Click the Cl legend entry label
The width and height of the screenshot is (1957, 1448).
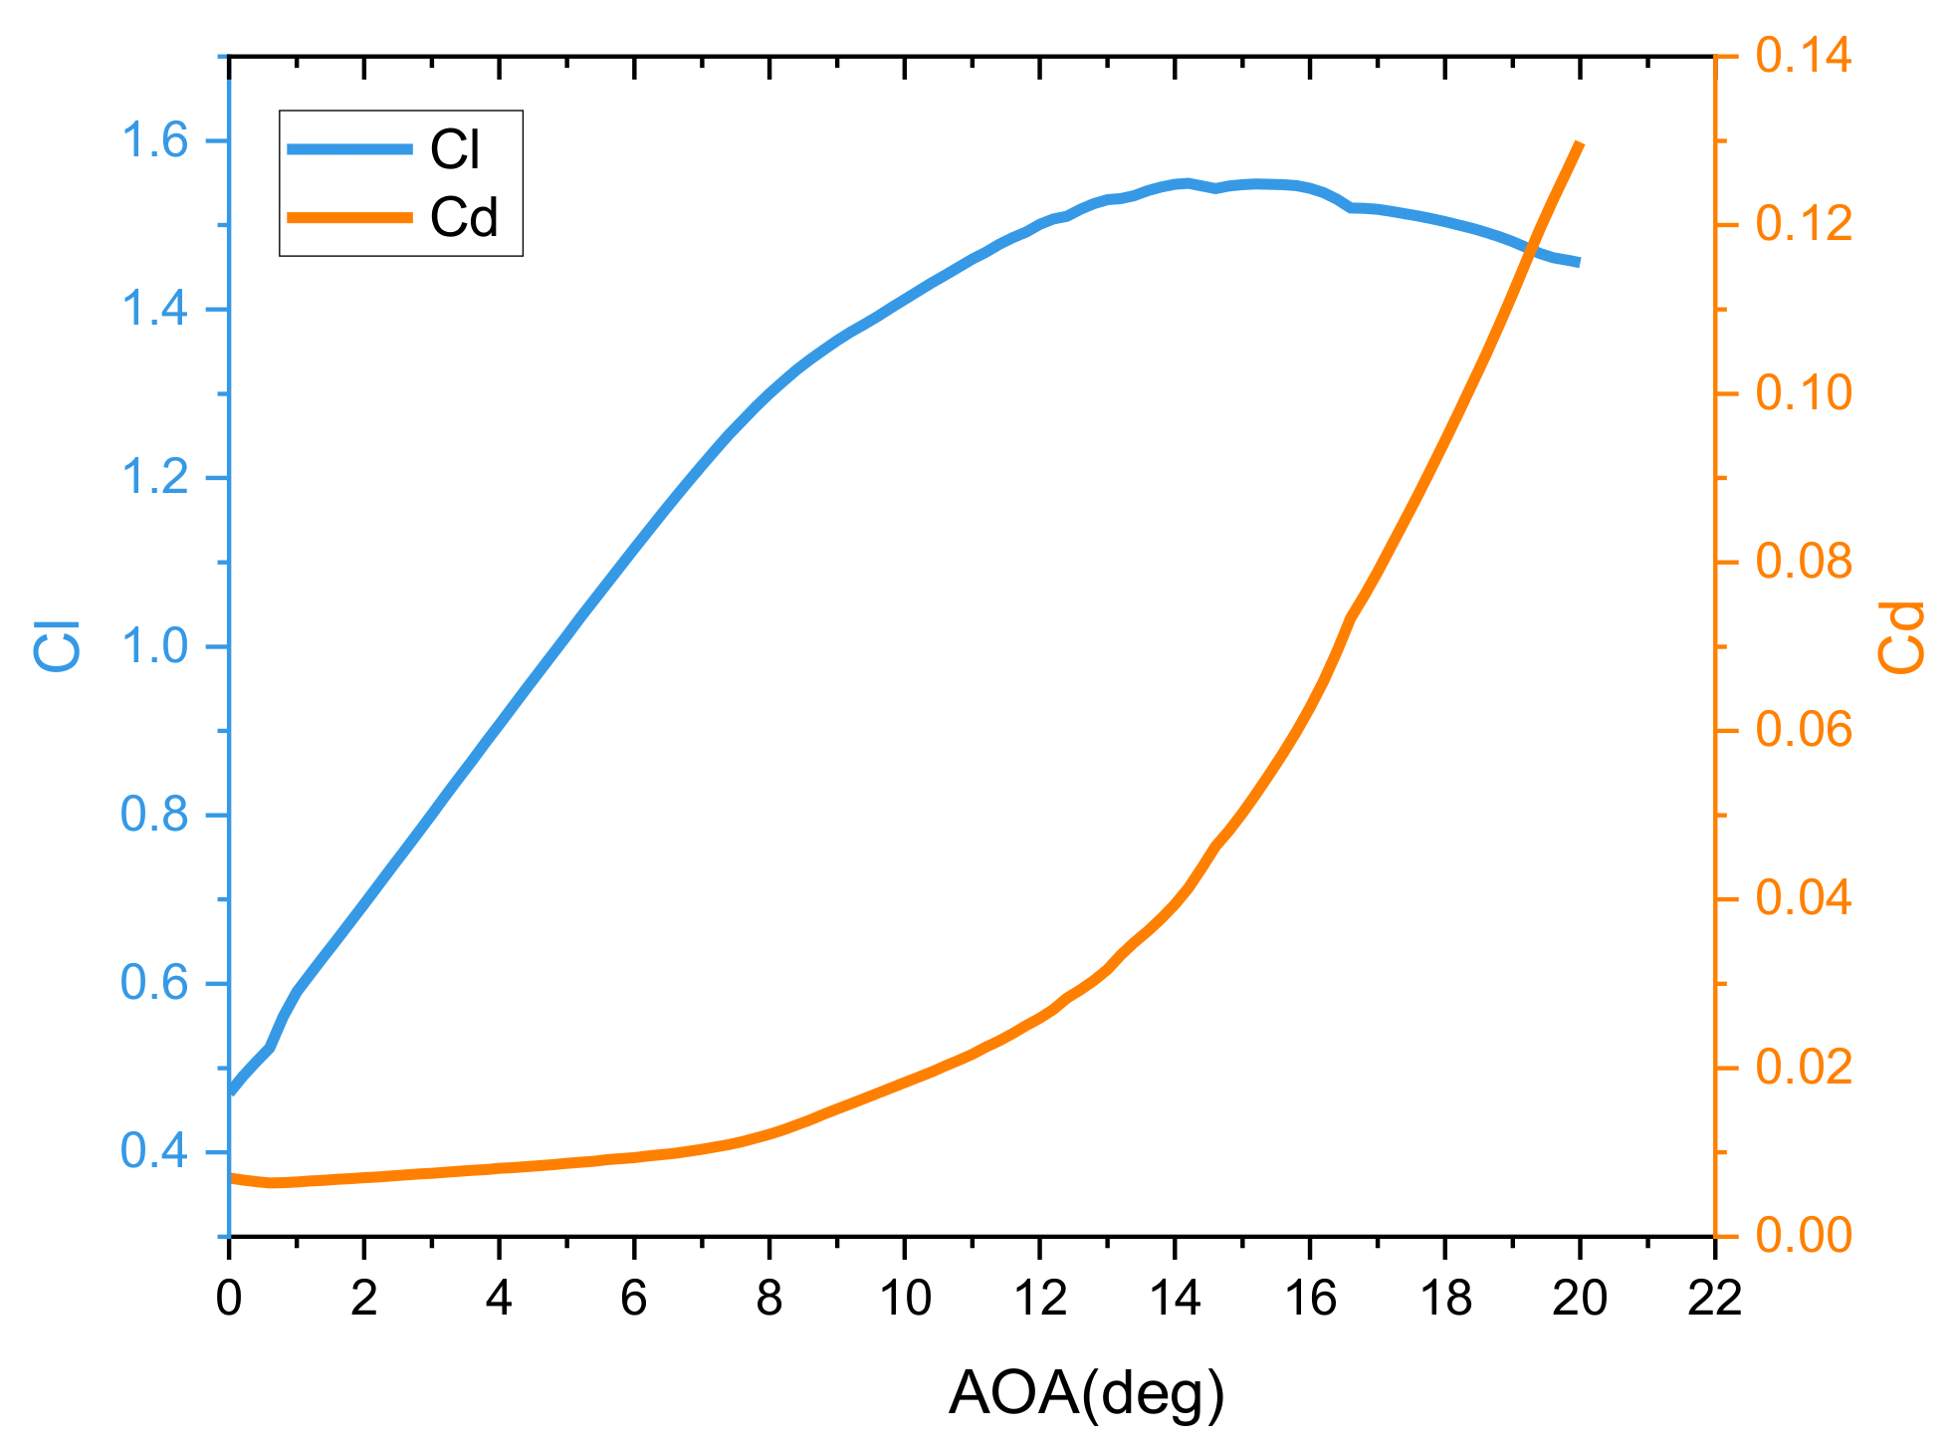coord(455,150)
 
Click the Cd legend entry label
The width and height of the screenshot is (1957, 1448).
coord(463,217)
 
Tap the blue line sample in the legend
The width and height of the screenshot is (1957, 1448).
coord(349,149)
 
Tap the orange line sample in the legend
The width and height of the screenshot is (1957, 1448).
coord(349,216)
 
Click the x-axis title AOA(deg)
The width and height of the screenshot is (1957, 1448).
coord(1086,1393)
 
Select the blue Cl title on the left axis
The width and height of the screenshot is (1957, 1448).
coord(58,645)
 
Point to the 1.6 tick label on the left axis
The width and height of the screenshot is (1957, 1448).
coord(153,141)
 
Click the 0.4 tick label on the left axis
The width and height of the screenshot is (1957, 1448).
coord(153,1152)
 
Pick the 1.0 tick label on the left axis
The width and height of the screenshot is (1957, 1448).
coord(153,647)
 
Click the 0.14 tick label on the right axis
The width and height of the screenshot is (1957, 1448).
coord(1804,56)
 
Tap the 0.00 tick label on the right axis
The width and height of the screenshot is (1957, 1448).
coord(1804,1236)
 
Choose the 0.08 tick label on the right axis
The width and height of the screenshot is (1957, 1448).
coord(1804,562)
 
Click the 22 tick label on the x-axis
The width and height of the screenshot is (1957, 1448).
coord(1715,1299)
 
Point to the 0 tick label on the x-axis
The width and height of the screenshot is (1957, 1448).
coord(229,1299)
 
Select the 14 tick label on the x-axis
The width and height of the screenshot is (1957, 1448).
coord(1175,1299)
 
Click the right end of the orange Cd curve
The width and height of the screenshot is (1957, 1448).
coord(1580,145)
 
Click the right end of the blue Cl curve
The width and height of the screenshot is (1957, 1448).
coord(1578,262)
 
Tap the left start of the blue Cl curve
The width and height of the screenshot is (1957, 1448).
coord(232,1090)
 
